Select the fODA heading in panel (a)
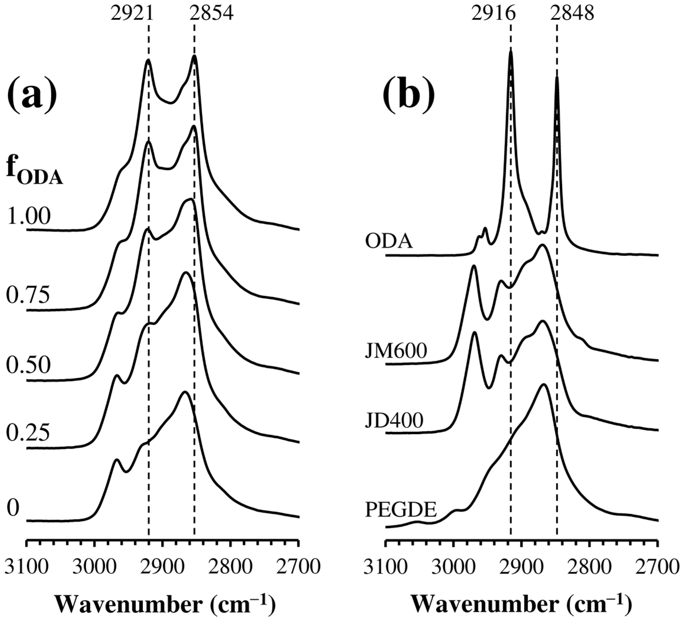click(35, 173)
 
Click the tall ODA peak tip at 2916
click(511, 52)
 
